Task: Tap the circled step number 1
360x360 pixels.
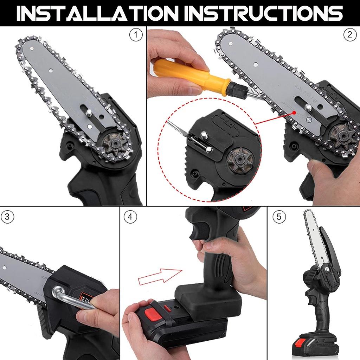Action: [x=136, y=35]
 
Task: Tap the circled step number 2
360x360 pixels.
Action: [x=350, y=35]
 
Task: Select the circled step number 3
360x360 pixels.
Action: [x=8, y=217]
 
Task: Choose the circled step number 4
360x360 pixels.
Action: [x=130, y=217]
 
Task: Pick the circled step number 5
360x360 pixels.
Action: [x=279, y=217]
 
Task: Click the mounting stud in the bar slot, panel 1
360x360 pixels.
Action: [x=89, y=112]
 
